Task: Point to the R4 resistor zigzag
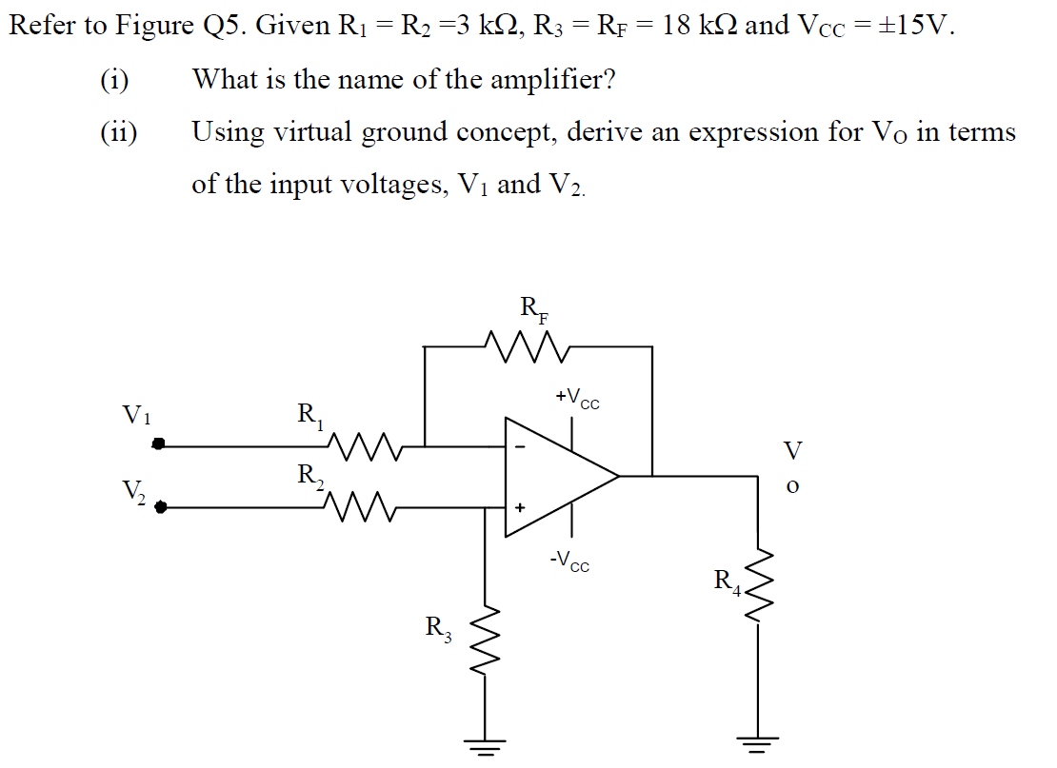[758, 583]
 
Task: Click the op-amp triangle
[557, 474]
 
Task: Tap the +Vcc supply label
[577, 399]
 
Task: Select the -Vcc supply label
[569, 562]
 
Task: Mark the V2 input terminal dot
[161, 508]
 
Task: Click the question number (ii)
[119, 132]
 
